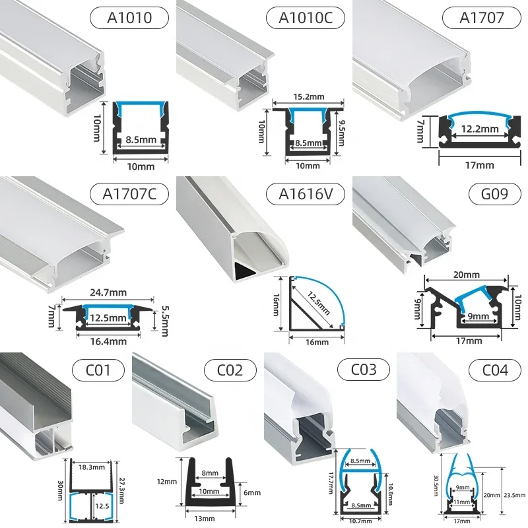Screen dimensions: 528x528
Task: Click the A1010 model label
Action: tap(130, 18)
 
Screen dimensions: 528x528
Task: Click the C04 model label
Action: tap(495, 370)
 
